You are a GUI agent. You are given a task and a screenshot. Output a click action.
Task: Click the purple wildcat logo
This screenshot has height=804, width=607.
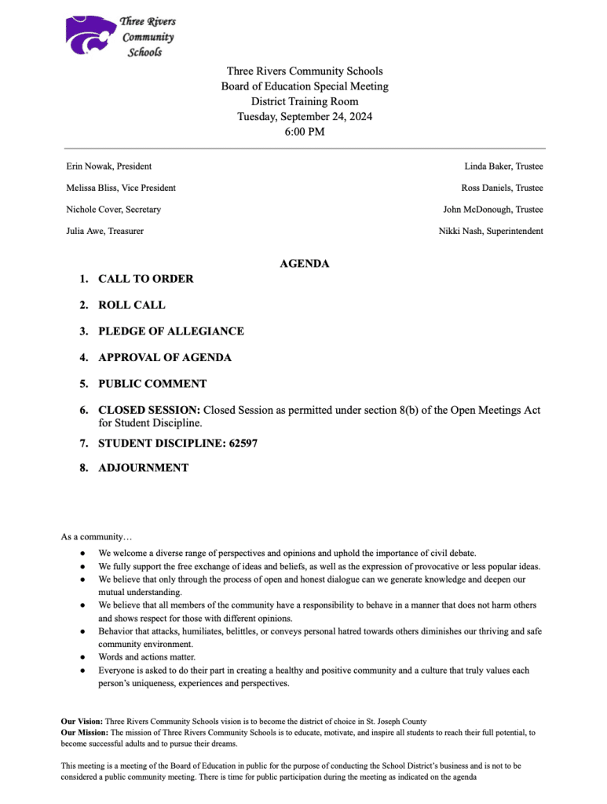point(90,36)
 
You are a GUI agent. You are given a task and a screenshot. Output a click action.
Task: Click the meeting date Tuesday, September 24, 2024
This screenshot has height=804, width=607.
point(305,117)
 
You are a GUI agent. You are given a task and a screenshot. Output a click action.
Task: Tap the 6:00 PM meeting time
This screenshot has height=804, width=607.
point(305,132)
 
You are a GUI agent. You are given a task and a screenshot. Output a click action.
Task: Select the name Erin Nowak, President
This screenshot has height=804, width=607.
point(109,166)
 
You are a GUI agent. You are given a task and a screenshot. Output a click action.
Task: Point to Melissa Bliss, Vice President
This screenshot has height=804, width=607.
point(121,188)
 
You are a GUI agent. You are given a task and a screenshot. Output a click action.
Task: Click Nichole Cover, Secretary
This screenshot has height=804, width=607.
point(114,210)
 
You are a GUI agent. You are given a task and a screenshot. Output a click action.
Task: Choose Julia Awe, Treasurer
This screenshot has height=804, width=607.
point(105,231)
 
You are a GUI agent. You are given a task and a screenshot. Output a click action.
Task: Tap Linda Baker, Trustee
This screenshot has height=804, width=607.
point(503,166)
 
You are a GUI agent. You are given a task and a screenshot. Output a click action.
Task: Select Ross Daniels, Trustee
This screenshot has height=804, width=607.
point(502,188)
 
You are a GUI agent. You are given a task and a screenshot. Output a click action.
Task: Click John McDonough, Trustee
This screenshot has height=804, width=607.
point(492,210)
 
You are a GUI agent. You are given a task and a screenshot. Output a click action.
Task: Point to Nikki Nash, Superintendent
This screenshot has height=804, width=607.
point(490,231)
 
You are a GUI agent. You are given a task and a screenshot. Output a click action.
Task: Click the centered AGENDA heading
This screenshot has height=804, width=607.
point(305,264)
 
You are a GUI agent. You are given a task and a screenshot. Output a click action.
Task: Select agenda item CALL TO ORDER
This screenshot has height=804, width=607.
point(145,279)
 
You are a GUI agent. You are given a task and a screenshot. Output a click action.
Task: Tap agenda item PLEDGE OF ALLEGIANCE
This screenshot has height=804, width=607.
point(170,331)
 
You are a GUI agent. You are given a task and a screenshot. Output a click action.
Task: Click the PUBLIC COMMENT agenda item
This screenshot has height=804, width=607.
point(152,384)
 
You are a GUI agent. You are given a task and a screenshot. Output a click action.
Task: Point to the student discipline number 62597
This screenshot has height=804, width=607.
point(243,444)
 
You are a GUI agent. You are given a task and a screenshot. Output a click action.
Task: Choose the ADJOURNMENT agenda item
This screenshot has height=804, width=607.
point(143,468)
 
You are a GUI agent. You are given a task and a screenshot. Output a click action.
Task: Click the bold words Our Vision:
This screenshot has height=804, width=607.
point(82,721)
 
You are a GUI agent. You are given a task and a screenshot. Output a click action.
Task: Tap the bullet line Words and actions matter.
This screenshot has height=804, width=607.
point(147,657)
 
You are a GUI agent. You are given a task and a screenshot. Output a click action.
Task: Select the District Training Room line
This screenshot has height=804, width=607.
point(305,102)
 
